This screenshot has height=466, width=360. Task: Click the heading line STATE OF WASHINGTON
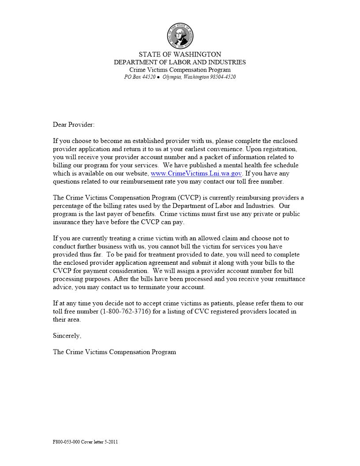(x=180, y=55)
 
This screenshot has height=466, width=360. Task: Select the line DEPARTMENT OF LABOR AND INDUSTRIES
(x=180, y=62)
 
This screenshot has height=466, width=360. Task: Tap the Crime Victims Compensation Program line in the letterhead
(x=180, y=70)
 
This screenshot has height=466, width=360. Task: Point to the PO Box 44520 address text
(x=140, y=77)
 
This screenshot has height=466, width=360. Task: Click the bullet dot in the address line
(x=159, y=77)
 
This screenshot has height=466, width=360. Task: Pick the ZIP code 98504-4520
(x=223, y=77)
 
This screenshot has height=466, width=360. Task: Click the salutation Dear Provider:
(x=74, y=125)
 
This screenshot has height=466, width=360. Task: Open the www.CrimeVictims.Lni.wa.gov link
(x=196, y=173)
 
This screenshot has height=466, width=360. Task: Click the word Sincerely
(x=67, y=336)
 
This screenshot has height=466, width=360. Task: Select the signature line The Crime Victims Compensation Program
(x=114, y=352)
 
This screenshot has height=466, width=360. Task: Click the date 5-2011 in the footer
(x=110, y=442)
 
